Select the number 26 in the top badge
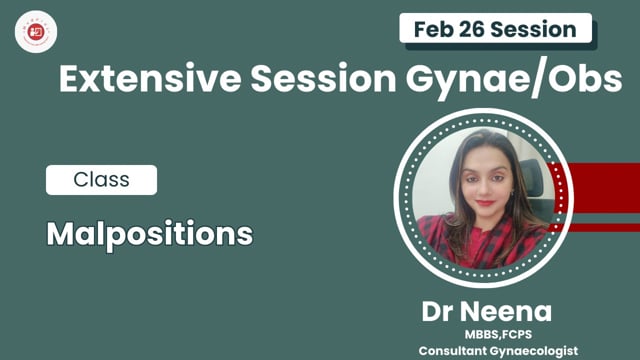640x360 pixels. coord(478,28)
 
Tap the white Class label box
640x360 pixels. coord(101,180)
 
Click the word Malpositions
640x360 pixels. coord(149,234)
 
